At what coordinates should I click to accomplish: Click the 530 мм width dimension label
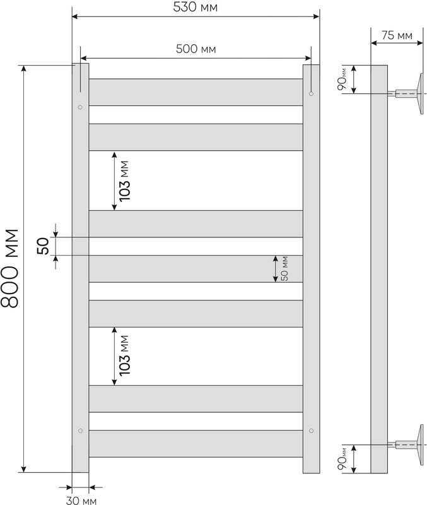[x=196, y=7]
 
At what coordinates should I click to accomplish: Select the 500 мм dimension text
[x=196, y=49]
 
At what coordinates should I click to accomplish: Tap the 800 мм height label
[x=9, y=269]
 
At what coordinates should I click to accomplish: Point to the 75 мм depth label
[x=397, y=35]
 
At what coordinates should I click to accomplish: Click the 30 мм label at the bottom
[x=81, y=500]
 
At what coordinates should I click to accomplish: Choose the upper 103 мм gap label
[x=124, y=181]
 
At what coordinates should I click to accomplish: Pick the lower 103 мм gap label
[x=124, y=355]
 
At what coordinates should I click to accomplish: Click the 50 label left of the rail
[x=44, y=246]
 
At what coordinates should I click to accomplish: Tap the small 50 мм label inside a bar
[x=284, y=269]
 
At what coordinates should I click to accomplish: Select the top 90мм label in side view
[x=342, y=80]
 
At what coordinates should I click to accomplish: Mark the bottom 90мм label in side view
[x=342, y=459]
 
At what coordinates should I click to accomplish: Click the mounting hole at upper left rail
[x=80, y=107]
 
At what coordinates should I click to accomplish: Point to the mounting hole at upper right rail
[x=311, y=93]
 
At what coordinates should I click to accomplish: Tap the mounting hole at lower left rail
[x=80, y=431]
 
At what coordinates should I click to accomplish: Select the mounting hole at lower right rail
[x=311, y=431]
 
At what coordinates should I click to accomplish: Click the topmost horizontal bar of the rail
[x=196, y=92]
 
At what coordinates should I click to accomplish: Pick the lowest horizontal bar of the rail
[x=196, y=444]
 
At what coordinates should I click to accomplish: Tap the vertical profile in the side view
[x=379, y=270]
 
